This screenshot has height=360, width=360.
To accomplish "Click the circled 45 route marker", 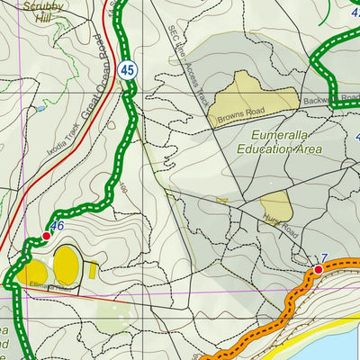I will pos(129,68).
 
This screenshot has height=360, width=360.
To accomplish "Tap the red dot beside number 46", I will pos(46,237).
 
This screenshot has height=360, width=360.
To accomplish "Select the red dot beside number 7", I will pos(319,269).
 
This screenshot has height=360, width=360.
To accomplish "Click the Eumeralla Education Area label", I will pos(281,147).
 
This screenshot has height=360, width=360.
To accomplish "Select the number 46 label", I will pos(58,226).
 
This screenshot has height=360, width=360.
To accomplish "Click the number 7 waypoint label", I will pos(322,258).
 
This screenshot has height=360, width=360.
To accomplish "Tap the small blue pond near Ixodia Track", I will pos(40,108).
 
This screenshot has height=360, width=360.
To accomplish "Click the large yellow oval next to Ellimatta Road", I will pos(67,265).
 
